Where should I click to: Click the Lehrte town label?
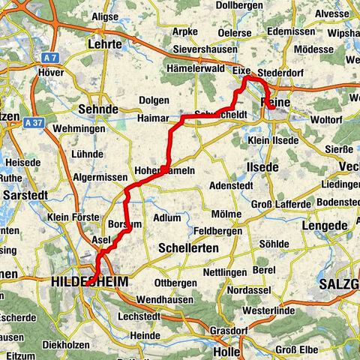pyautogui.click(x=105, y=44)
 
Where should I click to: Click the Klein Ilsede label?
pyautogui.click(x=276, y=139)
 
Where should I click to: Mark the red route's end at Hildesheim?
pyautogui.click(x=88, y=283)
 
